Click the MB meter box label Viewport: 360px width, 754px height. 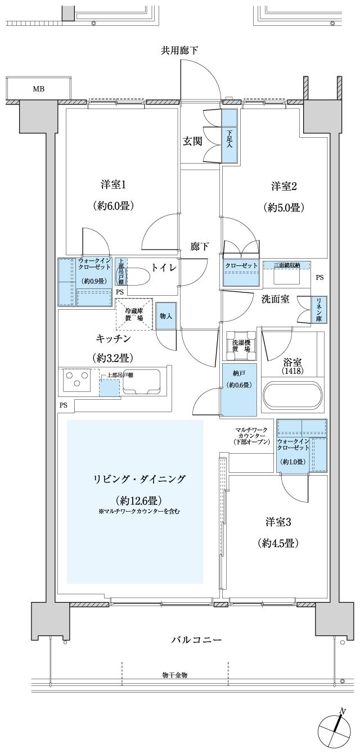coord(39,89)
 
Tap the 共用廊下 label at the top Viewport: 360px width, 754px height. coord(179,51)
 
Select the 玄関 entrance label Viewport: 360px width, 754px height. coord(192,142)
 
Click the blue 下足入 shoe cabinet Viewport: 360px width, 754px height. coord(229,137)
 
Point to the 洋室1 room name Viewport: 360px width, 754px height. coord(112,184)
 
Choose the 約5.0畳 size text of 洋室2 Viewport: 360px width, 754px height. coord(284,207)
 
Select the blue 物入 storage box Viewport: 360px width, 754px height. coord(166,317)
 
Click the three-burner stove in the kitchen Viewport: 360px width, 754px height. coord(77,380)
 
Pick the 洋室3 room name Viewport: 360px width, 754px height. coord(278,522)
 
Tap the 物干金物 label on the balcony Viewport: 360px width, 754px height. coord(175,675)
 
